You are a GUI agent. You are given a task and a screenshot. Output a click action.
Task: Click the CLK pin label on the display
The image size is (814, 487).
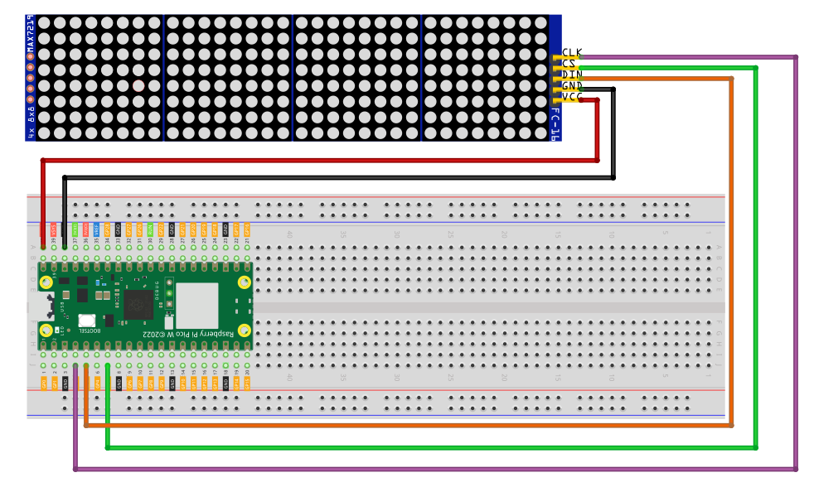[x=572, y=52]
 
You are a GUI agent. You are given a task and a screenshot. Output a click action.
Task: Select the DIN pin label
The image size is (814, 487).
[x=572, y=75]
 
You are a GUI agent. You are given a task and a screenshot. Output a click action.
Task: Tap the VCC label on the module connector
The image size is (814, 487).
[x=572, y=98]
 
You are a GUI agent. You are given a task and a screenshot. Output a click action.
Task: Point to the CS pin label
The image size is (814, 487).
[x=569, y=63]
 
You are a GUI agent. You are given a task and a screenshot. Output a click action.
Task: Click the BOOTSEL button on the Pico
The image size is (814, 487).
[x=86, y=321]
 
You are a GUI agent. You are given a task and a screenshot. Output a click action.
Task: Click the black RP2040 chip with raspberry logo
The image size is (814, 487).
[x=138, y=304]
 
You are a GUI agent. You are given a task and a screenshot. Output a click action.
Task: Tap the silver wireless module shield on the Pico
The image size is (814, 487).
[x=196, y=305]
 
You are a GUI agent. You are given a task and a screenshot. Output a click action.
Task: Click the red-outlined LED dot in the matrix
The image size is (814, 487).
[x=138, y=85]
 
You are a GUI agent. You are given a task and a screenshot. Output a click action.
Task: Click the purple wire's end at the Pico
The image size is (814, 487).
[x=75, y=365]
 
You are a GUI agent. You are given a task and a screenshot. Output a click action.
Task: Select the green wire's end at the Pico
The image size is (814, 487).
[x=108, y=365]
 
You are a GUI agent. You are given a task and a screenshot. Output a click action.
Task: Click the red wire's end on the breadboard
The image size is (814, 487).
[x=43, y=246]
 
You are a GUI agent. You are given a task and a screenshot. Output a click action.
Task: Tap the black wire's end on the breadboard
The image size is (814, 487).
[x=65, y=246]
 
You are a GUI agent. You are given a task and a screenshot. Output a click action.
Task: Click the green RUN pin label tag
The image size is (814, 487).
[x=150, y=229]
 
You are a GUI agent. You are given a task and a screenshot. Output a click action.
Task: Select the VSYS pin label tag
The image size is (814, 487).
[x=53, y=229]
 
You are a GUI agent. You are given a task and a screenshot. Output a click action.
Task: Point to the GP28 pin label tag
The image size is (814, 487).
[x=107, y=229]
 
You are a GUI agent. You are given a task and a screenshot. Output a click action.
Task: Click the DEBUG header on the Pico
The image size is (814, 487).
[x=169, y=293]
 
